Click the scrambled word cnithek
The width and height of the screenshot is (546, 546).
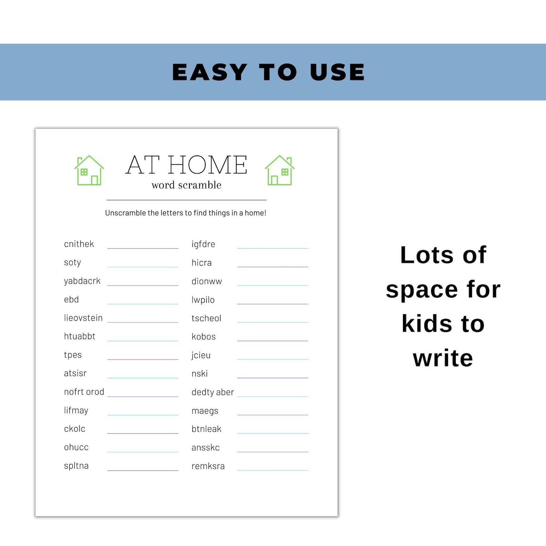point(79,244)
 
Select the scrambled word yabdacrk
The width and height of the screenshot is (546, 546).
point(82,281)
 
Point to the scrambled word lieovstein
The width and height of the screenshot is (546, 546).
point(83,318)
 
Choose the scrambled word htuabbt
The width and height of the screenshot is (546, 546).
point(79,336)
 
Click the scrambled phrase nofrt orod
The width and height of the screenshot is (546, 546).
point(84,392)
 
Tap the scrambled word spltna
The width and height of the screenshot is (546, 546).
point(76,466)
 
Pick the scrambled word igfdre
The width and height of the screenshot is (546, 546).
point(203,244)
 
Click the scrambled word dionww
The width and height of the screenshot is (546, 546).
point(207,281)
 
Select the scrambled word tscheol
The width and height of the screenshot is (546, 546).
point(206,318)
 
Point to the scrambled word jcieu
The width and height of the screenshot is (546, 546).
point(201,355)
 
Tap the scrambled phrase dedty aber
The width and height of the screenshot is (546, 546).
point(212,392)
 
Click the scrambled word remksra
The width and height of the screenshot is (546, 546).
point(208,466)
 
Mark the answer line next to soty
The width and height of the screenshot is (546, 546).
point(143,266)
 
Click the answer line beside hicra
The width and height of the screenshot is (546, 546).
point(273,266)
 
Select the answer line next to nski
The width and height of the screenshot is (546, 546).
point(273,378)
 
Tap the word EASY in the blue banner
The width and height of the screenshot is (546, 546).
point(209,72)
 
